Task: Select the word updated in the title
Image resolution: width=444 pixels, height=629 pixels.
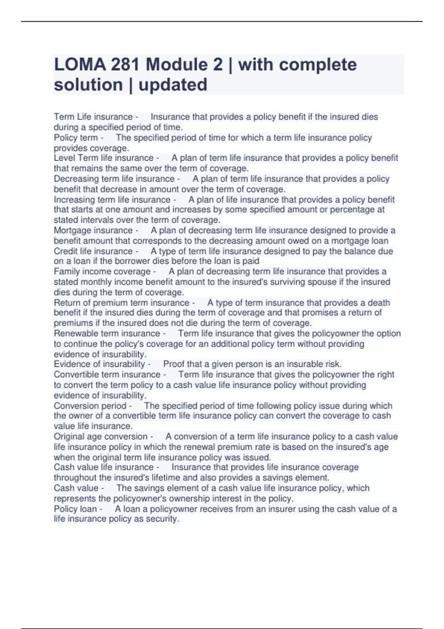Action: (x=173, y=85)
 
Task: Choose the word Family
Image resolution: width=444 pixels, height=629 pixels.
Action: (x=67, y=272)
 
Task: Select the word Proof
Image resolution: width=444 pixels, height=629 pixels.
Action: (x=173, y=364)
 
